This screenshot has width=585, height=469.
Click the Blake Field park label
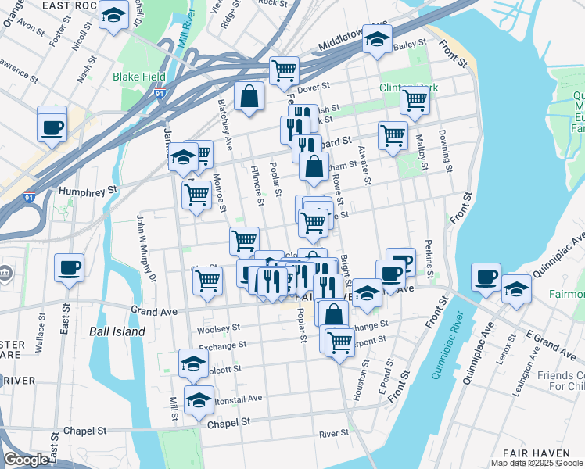(x=139, y=77)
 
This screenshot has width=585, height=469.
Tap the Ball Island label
(x=117, y=331)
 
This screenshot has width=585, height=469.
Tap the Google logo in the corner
(x=26, y=460)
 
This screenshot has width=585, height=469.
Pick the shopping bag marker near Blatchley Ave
(x=249, y=98)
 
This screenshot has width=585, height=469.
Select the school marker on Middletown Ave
(x=377, y=39)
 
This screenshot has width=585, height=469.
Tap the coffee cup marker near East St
(x=69, y=268)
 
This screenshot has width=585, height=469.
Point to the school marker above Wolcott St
(x=193, y=363)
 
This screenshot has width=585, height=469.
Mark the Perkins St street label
(x=429, y=259)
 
